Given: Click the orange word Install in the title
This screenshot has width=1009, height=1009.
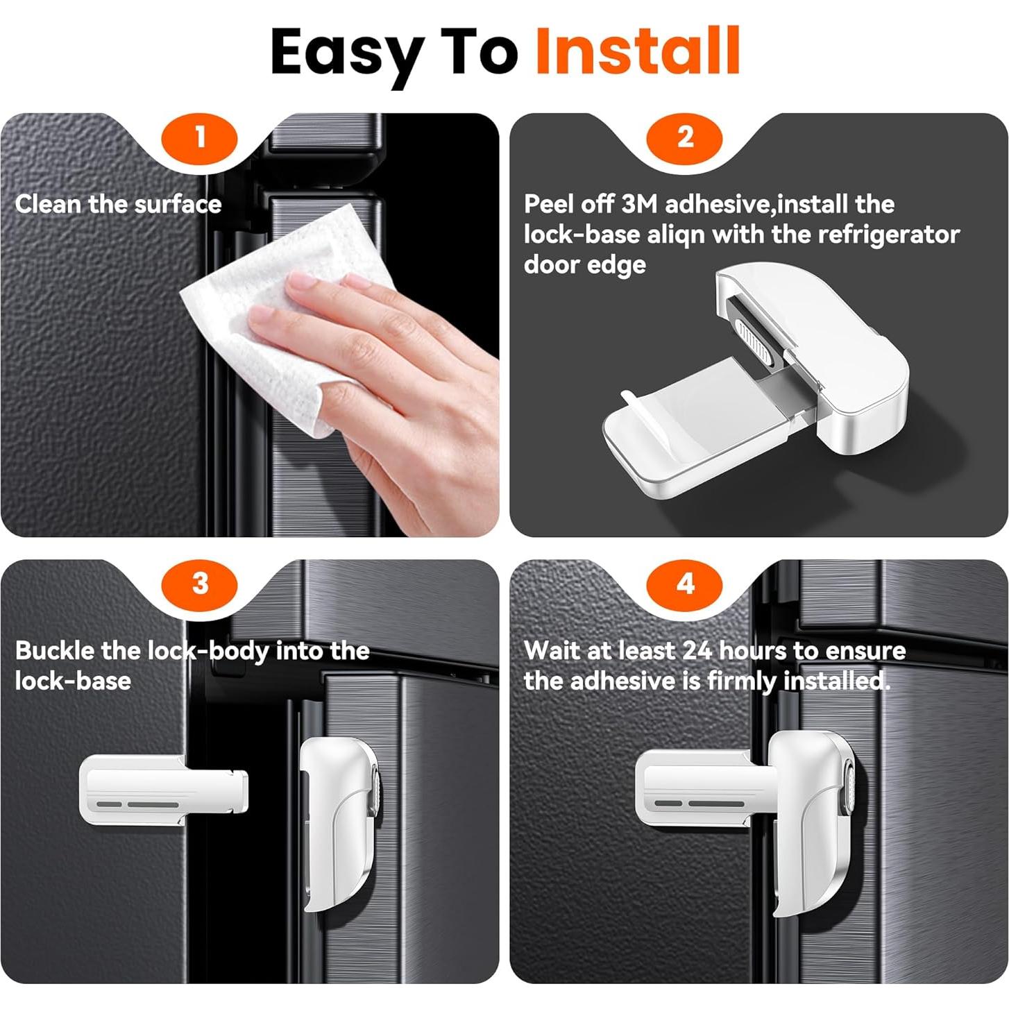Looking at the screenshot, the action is click(637, 51).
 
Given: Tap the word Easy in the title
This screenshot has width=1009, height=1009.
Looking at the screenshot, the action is click(347, 56).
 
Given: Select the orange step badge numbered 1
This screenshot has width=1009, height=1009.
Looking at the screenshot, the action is click(200, 138).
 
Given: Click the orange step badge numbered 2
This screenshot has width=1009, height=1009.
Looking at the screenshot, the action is click(685, 138).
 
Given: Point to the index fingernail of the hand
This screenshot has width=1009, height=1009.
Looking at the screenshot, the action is click(303, 280).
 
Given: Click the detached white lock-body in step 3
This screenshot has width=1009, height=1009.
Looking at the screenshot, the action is click(163, 790).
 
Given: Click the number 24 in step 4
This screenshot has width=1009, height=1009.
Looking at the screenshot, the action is click(698, 651).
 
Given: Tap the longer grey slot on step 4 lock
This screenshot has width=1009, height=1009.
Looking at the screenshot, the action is click(715, 803).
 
